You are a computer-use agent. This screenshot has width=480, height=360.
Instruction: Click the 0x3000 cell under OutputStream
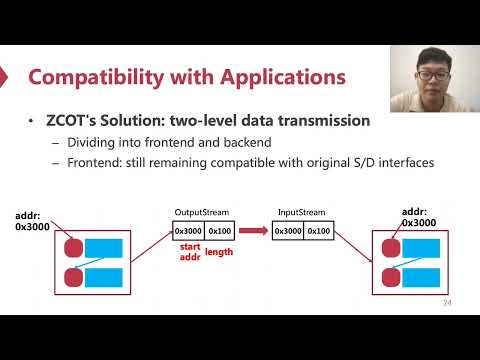coord(189,231)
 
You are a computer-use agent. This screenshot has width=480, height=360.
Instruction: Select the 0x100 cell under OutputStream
coord(221,231)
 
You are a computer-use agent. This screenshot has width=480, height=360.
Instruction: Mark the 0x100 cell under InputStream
coord(318,231)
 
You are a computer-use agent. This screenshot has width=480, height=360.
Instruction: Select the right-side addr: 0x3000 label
coord(419,217)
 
